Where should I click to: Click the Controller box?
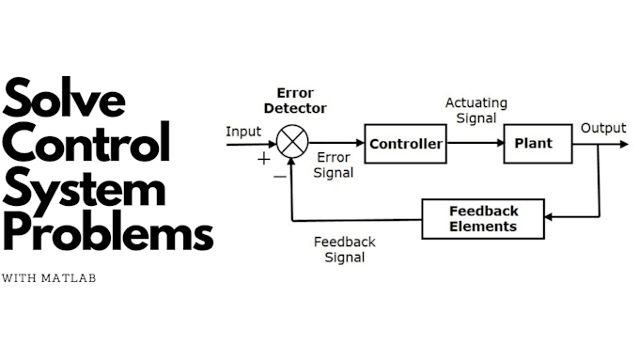click(x=405, y=144)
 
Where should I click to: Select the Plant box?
click(x=534, y=144)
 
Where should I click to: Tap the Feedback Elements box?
click(x=483, y=219)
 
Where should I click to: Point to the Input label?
click(x=243, y=131)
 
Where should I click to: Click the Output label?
click(x=602, y=128)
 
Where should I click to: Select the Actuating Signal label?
click(x=475, y=110)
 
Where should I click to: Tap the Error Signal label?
click(x=335, y=165)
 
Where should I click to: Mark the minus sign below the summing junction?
click(x=279, y=176)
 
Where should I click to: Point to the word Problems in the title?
click(x=107, y=232)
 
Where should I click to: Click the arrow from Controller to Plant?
click(x=475, y=144)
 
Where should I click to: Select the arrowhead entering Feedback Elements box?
click(x=550, y=219)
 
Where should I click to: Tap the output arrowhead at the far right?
click(x=623, y=144)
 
